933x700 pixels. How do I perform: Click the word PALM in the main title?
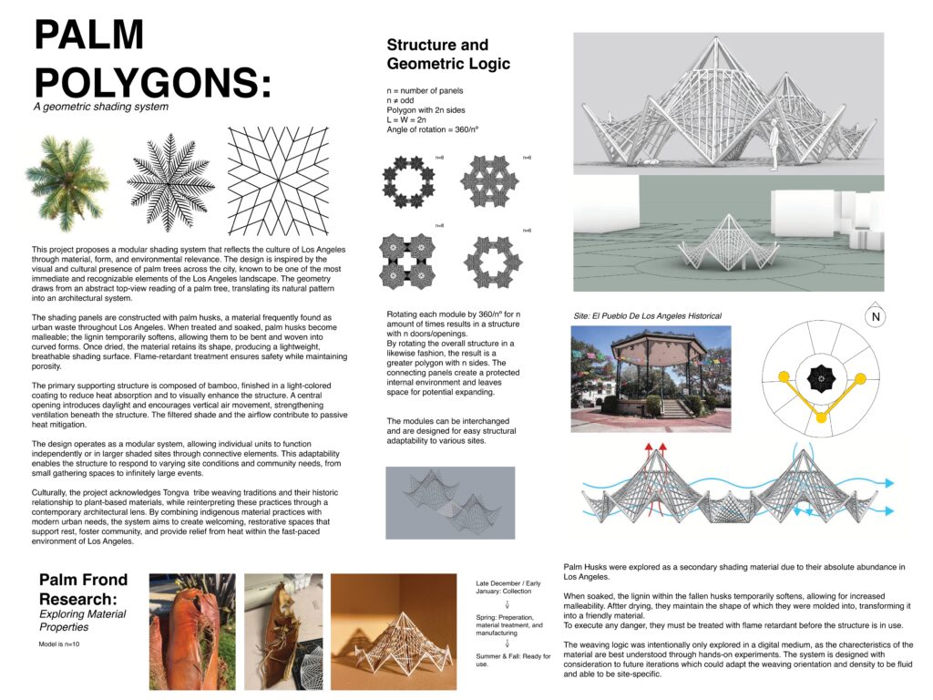[x=89, y=36]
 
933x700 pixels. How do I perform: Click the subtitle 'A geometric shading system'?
[x=100, y=107]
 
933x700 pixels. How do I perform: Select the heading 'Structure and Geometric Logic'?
[x=448, y=54]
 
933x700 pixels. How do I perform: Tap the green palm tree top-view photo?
[x=66, y=174]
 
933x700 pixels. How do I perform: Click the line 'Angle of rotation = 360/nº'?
[x=433, y=130]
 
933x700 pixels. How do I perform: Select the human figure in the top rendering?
[x=774, y=143]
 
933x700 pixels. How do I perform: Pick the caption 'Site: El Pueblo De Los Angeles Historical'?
[x=647, y=315]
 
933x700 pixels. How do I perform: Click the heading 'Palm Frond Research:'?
[x=84, y=590]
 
